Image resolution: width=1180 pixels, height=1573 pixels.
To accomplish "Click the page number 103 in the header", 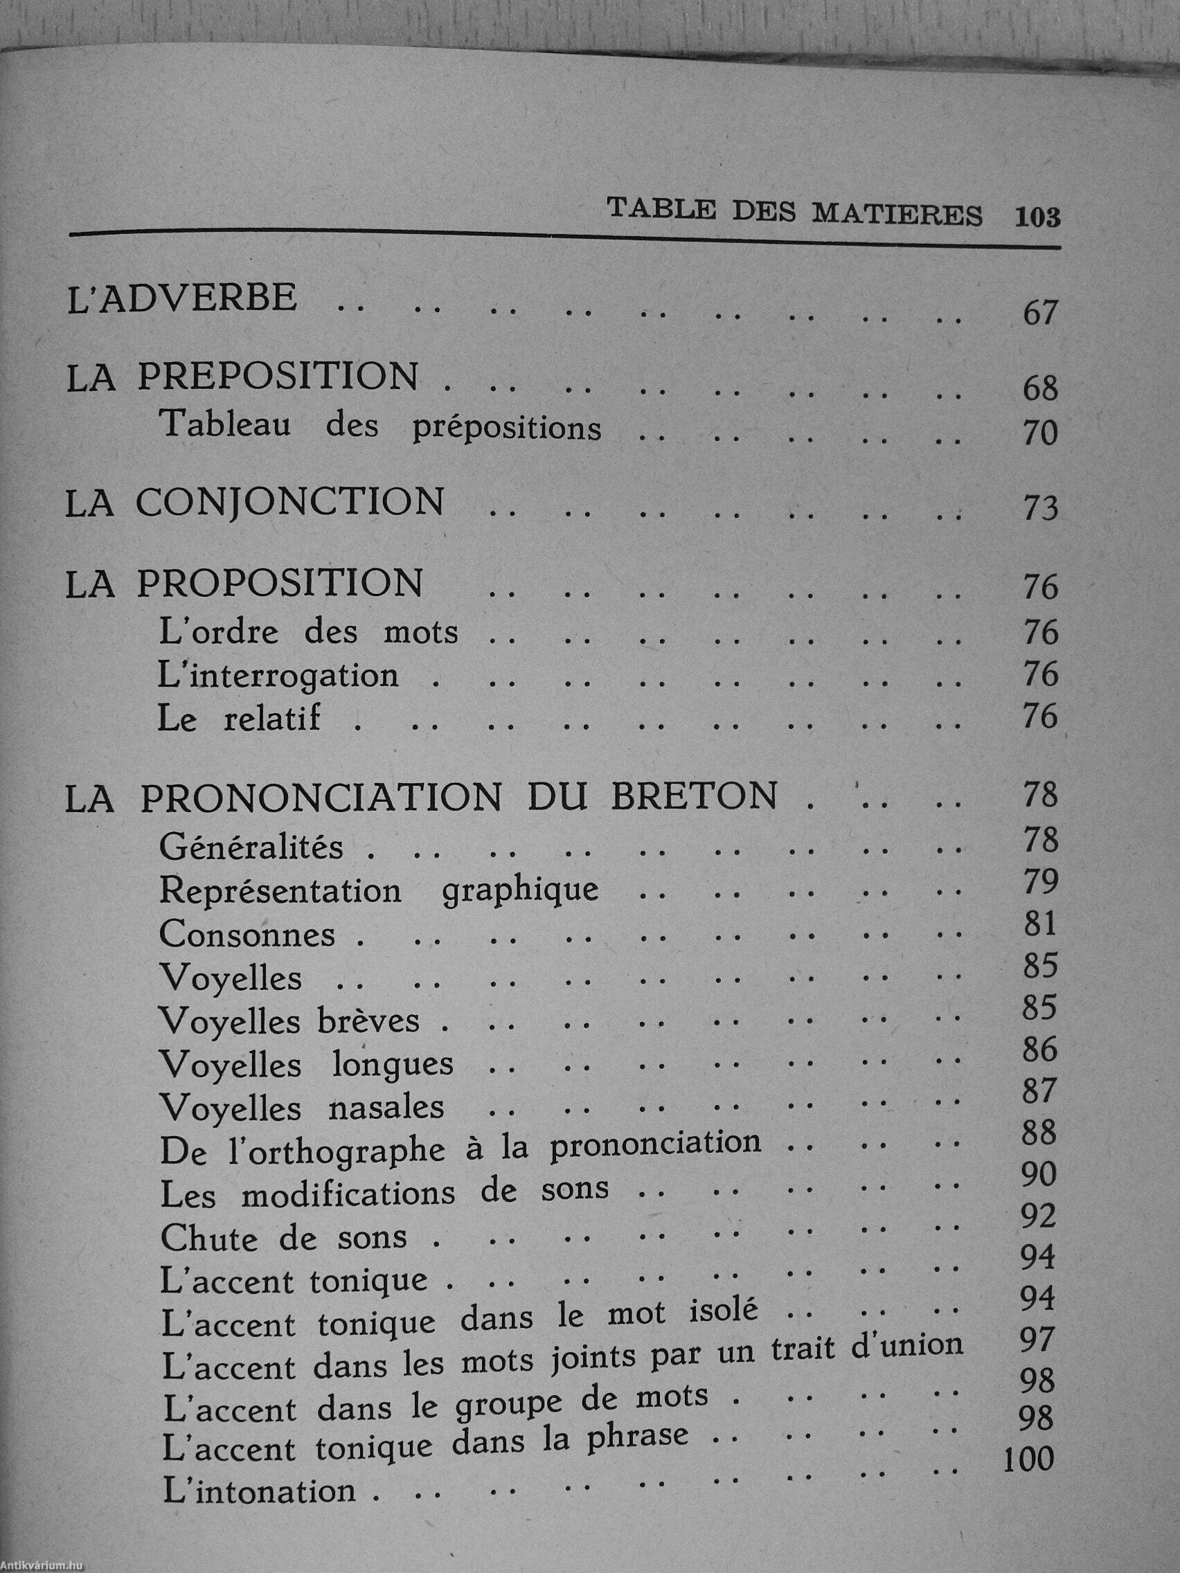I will tap(1038, 216).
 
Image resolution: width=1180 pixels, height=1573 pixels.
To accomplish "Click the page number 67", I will tap(1040, 314).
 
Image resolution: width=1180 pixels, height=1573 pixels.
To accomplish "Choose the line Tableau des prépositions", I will tap(381, 426).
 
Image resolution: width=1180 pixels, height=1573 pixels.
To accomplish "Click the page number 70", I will tap(1040, 433).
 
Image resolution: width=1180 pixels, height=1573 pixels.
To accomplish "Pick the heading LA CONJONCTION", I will tap(254, 503).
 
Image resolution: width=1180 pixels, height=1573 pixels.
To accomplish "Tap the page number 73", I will tap(1040, 509).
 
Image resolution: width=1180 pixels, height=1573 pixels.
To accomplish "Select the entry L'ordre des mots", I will tap(309, 632).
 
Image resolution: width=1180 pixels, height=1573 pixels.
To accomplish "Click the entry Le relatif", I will tap(239, 719).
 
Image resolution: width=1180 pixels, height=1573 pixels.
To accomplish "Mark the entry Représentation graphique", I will tap(378, 891).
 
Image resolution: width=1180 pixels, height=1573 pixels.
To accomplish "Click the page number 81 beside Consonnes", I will tap(1040, 924).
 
